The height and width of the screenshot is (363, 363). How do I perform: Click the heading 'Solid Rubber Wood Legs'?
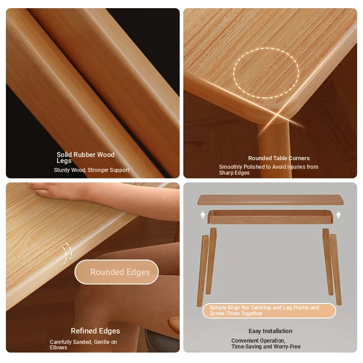tap(85, 157)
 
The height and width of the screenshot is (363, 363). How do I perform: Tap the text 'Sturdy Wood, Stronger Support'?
tap(92, 170)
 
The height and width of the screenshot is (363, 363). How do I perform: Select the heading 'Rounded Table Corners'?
tap(279, 158)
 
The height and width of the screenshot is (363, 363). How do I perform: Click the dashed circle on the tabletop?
tap(266, 48)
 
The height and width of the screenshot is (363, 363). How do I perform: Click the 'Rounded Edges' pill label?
tap(117, 272)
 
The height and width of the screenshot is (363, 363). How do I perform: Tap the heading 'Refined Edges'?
tap(95, 331)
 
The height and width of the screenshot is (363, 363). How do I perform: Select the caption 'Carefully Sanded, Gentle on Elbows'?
tap(83, 344)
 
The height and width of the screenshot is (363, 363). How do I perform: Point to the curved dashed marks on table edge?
tap(67, 253)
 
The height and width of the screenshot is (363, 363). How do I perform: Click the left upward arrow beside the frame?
tap(203, 215)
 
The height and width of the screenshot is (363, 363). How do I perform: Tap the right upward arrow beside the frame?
tap(338, 215)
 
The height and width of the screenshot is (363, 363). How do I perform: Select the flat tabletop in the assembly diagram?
tap(270, 200)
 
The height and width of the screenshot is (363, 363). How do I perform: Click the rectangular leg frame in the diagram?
tap(270, 217)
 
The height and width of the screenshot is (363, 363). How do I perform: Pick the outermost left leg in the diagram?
tap(202, 271)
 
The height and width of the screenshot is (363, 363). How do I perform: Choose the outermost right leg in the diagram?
tap(336, 270)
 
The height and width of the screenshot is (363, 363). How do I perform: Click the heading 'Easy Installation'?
tap(270, 331)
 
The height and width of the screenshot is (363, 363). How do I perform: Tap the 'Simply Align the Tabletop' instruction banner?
tap(269, 311)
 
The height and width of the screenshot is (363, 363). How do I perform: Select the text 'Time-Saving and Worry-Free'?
tap(266, 347)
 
